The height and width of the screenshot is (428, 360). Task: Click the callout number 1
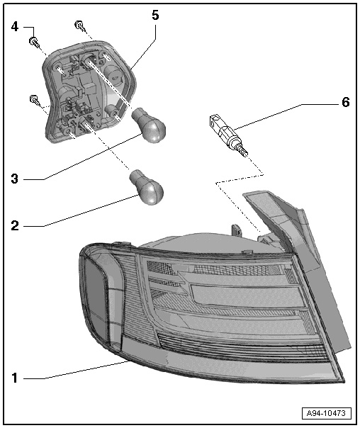click(15, 378)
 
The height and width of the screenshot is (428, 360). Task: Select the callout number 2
click(15, 226)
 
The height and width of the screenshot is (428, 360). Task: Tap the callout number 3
click(15, 179)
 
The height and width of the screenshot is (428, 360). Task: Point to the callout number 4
click(15, 27)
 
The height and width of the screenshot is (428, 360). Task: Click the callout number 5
click(155, 16)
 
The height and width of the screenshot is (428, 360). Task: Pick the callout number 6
click(346, 102)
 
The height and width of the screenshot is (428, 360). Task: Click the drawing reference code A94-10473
click(326, 412)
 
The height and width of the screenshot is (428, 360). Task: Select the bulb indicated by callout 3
click(150, 125)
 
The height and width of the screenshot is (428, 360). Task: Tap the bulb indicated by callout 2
click(147, 187)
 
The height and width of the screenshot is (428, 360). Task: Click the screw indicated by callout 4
click(34, 42)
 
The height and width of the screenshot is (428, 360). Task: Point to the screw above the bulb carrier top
click(80, 26)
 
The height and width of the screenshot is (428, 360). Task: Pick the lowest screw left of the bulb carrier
click(35, 100)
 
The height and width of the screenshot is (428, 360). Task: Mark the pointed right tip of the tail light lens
click(344, 381)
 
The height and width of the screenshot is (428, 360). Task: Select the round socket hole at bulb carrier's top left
click(57, 67)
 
